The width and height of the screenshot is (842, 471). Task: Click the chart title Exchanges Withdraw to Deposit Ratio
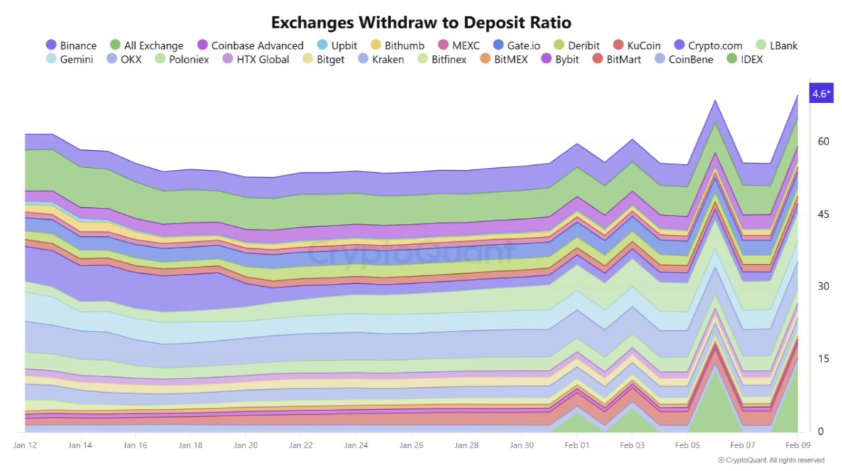pos(421,22)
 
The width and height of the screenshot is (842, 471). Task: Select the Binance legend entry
pos(71,46)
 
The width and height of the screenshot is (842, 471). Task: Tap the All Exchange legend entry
pos(146,46)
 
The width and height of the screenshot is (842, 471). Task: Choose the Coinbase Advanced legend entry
pos(250,46)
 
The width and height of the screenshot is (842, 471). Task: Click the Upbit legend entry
pos(337,46)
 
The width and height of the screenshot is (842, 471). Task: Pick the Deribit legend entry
pos(576,46)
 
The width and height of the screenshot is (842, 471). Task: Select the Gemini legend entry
pos(70,60)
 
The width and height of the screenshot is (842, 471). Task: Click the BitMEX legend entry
pos(503,60)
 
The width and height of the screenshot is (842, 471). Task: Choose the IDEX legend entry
pos(744,60)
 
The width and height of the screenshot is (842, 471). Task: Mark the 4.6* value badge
pos(820,94)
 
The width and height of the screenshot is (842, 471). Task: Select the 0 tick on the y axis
pos(820,431)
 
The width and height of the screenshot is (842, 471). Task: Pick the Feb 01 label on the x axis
pos(577,445)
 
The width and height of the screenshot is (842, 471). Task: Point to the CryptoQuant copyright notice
pos(771,460)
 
